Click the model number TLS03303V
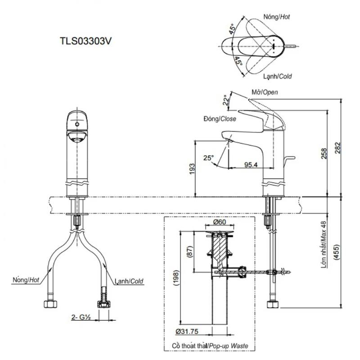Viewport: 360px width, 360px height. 85,41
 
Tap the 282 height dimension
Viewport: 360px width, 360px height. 337,148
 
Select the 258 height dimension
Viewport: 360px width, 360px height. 323,154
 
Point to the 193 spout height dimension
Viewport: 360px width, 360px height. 192,169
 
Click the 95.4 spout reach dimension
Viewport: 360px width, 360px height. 251,165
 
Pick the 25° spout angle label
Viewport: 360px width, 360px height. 208,158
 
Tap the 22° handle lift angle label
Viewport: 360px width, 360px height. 226,100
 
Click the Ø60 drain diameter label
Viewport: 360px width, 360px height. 220,222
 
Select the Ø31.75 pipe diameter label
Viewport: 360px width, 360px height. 187,332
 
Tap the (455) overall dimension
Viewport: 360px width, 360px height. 336,252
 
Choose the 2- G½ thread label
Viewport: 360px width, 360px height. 81,317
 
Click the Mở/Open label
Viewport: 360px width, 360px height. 265,92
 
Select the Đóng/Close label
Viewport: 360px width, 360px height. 220,119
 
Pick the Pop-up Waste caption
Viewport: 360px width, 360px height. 229,346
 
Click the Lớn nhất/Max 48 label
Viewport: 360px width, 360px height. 324,244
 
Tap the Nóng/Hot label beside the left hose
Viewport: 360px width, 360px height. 26,280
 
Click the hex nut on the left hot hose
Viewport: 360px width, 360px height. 50,304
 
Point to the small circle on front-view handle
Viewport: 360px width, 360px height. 77,125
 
